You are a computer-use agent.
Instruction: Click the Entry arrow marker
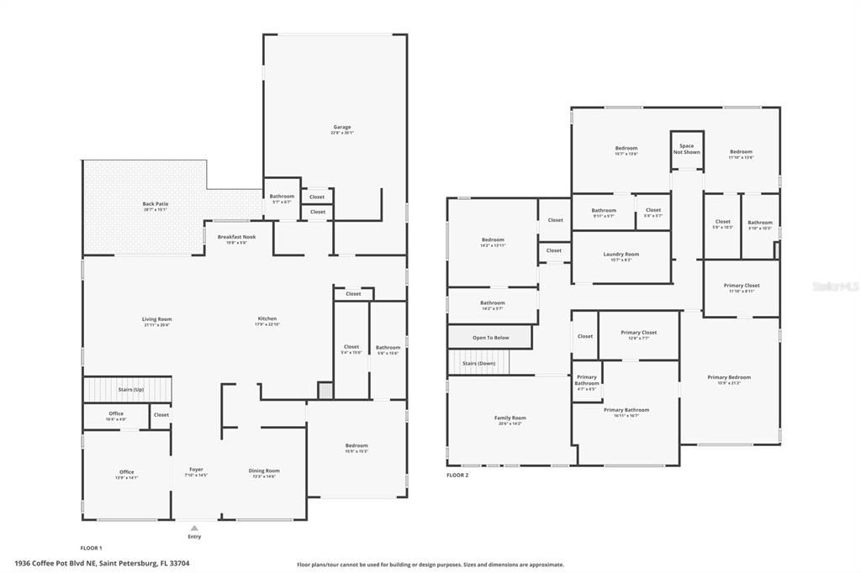pos(194,528)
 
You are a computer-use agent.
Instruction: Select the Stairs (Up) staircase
pos(127,390)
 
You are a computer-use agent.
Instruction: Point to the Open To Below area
pos(490,338)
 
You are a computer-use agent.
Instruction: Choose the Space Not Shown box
pos(686,149)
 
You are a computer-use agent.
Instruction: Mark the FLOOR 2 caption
pos(457,476)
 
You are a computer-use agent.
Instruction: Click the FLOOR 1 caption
pos(91,548)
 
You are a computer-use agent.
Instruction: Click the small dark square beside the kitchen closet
pos(325,391)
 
